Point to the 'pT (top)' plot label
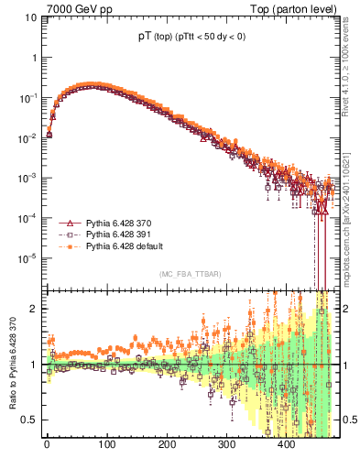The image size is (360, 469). point(147,37)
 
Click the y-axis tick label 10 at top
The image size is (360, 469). point(31,17)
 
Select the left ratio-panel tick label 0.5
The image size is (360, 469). point(31,420)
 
